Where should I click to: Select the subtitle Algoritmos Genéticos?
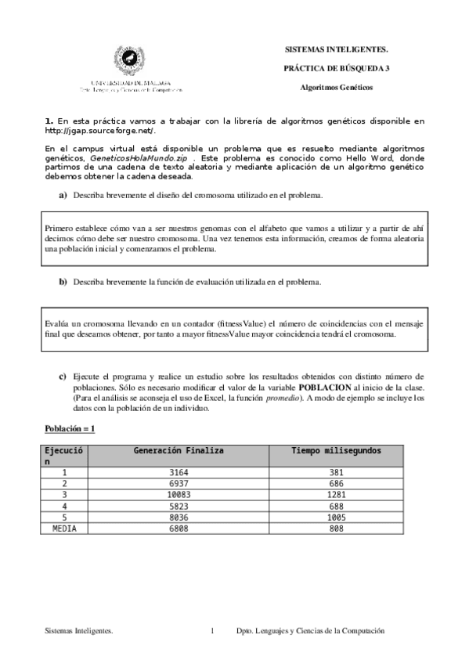click(337, 88)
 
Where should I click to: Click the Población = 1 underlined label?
click(69, 429)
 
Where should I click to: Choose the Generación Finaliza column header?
click(179, 451)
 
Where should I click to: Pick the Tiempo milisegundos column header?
click(337, 451)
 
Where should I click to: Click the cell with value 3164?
click(179, 473)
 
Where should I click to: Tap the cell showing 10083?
click(179, 495)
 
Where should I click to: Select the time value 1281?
click(337, 495)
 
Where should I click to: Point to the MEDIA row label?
click(64, 529)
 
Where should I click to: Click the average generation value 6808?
click(179, 529)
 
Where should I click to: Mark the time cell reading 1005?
click(337, 518)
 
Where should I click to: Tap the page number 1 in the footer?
click(212, 630)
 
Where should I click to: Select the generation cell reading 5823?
click(179, 507)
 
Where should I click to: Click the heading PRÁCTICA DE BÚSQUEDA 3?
click(336, 68)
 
